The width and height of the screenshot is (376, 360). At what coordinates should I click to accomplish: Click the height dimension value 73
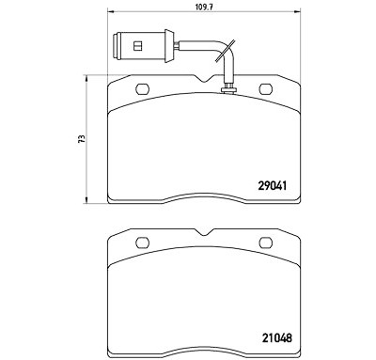tap(82, 139)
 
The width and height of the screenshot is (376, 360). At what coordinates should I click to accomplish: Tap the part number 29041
tap(273, 186)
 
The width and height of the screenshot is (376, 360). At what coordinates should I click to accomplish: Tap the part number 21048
tap(276, 337)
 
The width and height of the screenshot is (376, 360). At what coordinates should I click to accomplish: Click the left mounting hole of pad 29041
tap(143, 89)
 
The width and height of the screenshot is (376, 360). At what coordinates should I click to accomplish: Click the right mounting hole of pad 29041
tap(265, 89)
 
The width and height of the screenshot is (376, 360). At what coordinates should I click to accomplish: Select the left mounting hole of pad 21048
tap(143, 243)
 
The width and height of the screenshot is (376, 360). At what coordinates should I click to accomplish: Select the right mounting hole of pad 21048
tap(266, 243)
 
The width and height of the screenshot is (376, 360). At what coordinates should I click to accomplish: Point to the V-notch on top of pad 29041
tap(204, 78)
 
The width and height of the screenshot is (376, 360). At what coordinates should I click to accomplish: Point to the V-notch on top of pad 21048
tap(204, 232)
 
